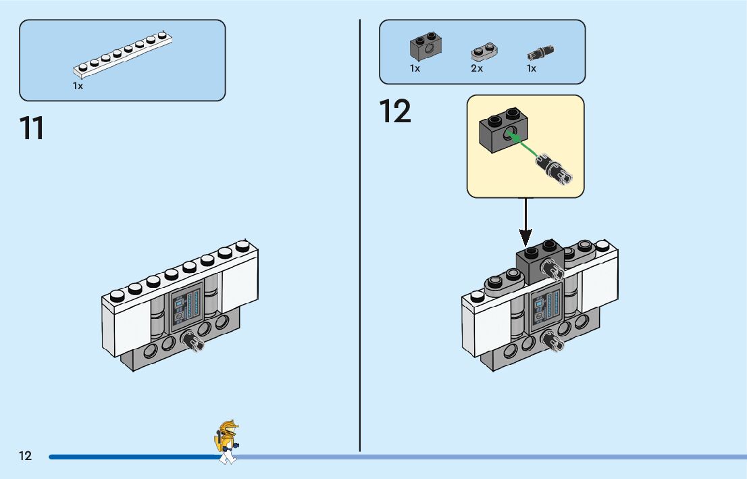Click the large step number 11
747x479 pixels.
pyautogui.click(x=32, y=128)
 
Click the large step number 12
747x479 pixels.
pyautogui.click(x=395, y=111)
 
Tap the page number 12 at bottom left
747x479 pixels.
pyautogui.click(x=25, y=455)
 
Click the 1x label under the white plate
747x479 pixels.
pyautogui.click(x=78, y=86)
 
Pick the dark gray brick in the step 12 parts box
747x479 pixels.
pyautogui.click(x=426, y=46)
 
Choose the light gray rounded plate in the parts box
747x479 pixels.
pyautogui.click(x=484, y=51)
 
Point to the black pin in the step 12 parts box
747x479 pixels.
pyautogui.click(x=541, y=53)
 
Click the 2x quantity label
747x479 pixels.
pyautogui.click(x=477, y=69)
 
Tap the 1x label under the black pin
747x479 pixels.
pyautogui.click(x=532, y=69)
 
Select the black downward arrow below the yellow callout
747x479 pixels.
pyautogui.click(x=525, y=222)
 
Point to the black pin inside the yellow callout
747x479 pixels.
pyautogui.click(x=554, y=168)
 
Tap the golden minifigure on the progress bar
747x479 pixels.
pyautogui.click(x=227, y=442)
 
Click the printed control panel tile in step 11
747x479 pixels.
pyautogui.click(x=186, y=306)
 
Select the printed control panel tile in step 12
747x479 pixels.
pyautogui.click(x=546, y=306)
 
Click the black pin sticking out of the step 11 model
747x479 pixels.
pyautogui.click(x=192, y=341)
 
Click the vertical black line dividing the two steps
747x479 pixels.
pyautogui.click(x=360, y=236)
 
